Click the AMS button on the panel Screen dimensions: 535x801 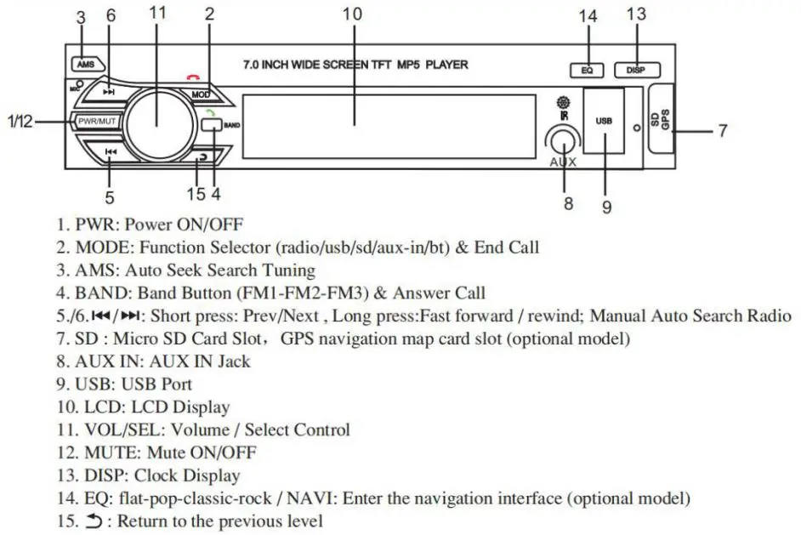[86, 64]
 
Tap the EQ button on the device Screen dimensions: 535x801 [587, 71]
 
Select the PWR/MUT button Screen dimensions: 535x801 [96, 122]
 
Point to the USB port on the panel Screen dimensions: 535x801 [604, 121]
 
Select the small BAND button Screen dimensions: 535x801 [213, 126]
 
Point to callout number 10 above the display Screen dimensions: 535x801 [352, 14]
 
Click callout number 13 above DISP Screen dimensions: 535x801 [636, 14]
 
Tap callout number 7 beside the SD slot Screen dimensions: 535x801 [722, 131]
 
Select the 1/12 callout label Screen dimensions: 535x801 [19, 122]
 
